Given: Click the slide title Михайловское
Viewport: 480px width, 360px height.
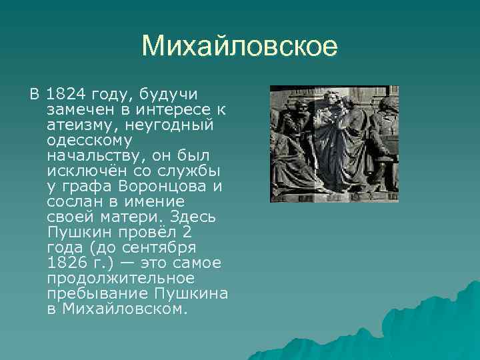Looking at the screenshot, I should [240, 47].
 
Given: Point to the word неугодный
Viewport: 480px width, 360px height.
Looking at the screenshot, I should [177, 124].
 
